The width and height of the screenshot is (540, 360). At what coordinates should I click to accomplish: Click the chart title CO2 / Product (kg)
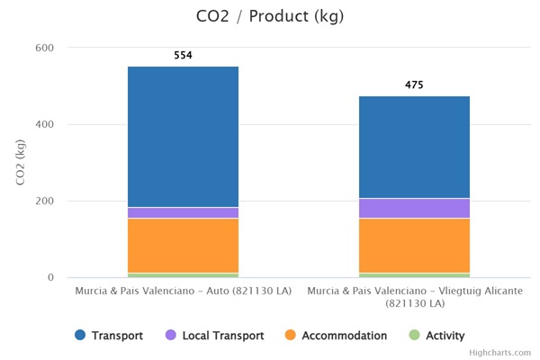click(x=270, y=16)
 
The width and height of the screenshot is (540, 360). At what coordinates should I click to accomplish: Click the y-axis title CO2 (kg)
click(x=21, y=163)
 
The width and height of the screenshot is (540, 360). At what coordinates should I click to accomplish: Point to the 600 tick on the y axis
click(x=45, y=48)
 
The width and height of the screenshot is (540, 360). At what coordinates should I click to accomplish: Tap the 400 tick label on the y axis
click(x=45, y=124)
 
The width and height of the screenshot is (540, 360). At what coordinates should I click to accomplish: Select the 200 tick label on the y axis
click(x=45, y=201)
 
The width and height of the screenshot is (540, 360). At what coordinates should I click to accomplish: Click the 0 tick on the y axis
click(x=49, y=277)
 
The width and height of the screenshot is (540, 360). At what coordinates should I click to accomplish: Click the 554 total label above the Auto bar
click(x=183, y=56)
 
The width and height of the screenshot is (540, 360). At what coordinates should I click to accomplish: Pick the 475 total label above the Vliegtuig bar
click(x=414, y=85)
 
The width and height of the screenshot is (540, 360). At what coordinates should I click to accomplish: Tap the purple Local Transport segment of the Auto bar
click(x=183, y=212)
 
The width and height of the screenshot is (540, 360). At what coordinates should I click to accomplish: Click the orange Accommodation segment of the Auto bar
click(x=183, y=245)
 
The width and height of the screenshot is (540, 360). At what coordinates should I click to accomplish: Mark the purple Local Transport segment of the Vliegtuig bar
click(x=414, y=208)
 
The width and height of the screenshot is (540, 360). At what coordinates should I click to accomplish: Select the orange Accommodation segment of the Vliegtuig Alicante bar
click(x=414, y=245)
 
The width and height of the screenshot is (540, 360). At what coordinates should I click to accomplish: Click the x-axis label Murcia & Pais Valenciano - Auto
click(x=183, y=292)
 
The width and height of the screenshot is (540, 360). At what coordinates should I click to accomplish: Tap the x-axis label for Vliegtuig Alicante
click(x=414, y=297)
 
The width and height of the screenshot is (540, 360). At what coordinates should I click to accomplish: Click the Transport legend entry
click(x=109, y=336)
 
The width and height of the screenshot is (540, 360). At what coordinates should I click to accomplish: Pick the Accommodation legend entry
click(x=336, y=336)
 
